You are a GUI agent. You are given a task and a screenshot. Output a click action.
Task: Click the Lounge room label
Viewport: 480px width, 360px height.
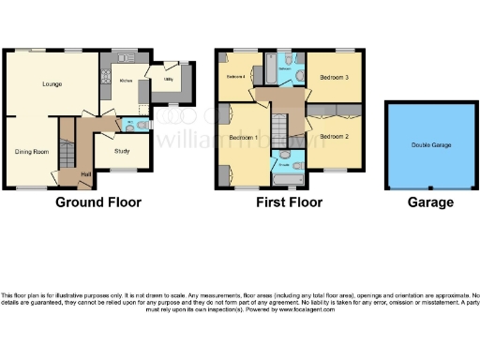52,84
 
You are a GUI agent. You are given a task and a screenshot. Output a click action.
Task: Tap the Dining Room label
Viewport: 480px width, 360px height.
31,150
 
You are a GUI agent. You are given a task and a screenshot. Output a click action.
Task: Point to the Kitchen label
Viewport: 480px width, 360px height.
127,82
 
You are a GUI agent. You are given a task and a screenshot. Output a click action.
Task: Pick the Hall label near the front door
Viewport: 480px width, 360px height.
86,173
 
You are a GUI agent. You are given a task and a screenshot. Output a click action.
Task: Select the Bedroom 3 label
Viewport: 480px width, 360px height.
334,77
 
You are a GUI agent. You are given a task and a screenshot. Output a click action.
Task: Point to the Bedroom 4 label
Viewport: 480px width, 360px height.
234,76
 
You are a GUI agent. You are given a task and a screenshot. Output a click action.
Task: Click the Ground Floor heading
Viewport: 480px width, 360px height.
98,202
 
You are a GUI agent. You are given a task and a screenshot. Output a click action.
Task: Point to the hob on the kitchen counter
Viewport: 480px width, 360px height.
106,74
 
